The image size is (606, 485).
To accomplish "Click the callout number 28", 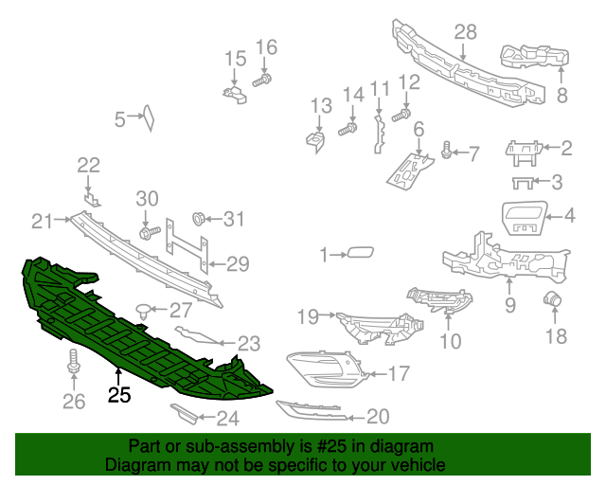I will tap(465, 32).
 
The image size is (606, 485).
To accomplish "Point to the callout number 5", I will tap(120, 119).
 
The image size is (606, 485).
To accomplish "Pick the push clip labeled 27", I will tap(143, 307).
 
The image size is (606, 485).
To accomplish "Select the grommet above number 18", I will tap(550, 300).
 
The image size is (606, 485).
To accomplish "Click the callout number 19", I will tap(307, 315).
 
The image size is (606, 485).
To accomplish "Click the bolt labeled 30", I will tap(147, 231).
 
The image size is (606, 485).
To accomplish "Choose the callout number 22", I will tap(88, 166).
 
